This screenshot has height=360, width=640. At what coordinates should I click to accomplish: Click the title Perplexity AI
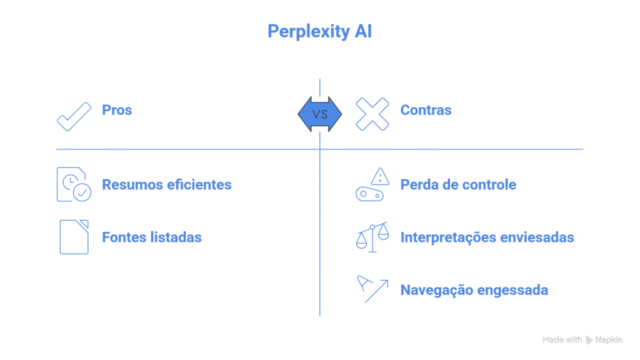[319, 31]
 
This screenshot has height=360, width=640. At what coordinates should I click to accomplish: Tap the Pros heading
[117, 111]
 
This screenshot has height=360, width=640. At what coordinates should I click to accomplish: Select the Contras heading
[426, 111]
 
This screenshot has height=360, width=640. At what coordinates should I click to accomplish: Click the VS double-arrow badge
[320, 114]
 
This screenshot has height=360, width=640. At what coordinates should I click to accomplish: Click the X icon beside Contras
[372, 114]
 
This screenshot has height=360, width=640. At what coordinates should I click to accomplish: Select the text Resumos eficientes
[166, 185]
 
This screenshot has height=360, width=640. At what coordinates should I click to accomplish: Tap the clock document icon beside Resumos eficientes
[74, 185]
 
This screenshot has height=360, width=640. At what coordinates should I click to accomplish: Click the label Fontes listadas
[151, 237]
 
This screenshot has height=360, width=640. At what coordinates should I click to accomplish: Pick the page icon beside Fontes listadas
[74, 237]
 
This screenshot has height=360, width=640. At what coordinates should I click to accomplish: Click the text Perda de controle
[458, 185]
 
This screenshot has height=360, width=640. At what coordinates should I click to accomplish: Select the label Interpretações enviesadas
[487, 237]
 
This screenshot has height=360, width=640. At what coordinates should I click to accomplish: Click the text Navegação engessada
[474, 290]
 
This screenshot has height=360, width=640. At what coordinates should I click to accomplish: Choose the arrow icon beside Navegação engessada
[372, 289]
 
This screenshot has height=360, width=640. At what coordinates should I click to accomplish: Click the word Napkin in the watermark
[609, 340]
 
